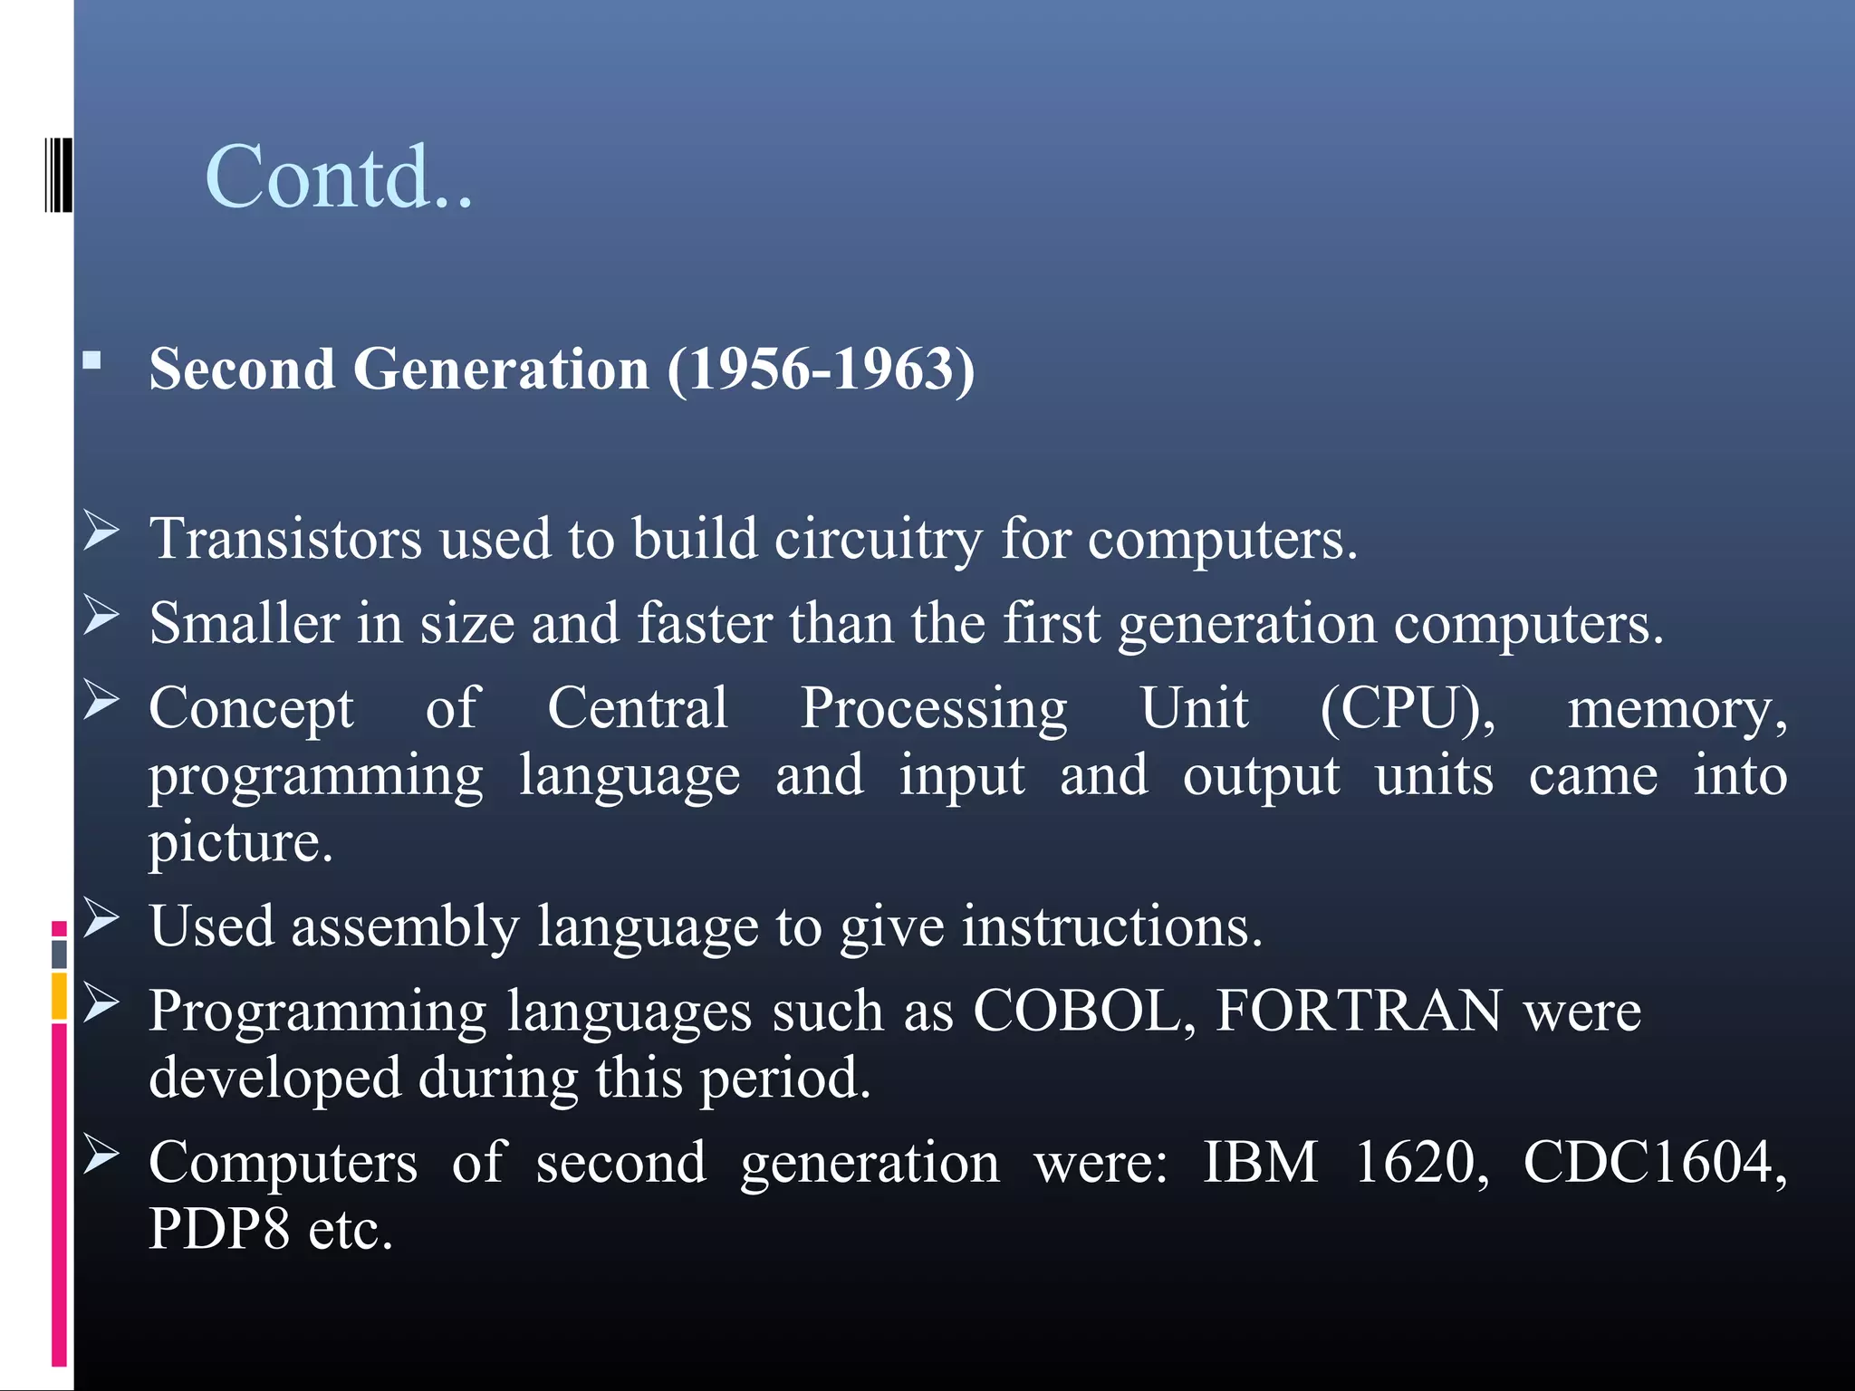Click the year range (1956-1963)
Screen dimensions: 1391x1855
[x=821, y=369]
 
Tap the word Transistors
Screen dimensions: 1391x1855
[x=285, y=539]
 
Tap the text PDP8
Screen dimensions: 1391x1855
[x=218, y=1230]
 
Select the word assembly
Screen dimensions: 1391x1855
[x=405, y=926]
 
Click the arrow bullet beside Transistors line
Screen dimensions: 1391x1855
[x=101, y=531]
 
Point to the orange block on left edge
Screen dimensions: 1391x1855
[x=59, y=996]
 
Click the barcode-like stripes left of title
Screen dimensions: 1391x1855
[x=58, y=175]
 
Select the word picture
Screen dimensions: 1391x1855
[x=240, y=842]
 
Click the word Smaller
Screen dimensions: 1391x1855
[x=245, y=624]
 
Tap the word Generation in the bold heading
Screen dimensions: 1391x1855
[x=501, y=369]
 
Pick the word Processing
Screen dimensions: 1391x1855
[x=933, y=708]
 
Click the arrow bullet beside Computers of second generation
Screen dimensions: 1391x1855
[x=101, y=1155]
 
